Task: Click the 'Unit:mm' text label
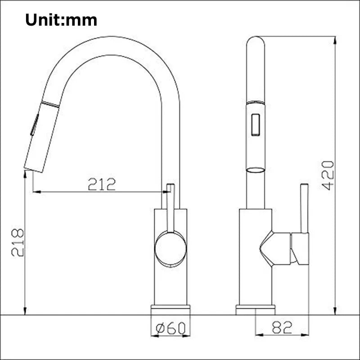(x=61, y=20)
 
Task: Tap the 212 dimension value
(x=102, y=184)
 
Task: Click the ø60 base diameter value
(x=170, y=328)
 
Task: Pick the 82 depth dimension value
(x=282, y=328)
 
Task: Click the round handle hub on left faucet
(x=170, y=248)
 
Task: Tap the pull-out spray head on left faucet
(x=42, y=137)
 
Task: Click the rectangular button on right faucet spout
(x=256, y=124)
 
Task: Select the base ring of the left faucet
(x=170, y=310)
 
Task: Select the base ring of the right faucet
(x=256, y=310)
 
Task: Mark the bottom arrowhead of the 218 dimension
(x=25, y=310)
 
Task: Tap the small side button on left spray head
(x=33, y=125)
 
